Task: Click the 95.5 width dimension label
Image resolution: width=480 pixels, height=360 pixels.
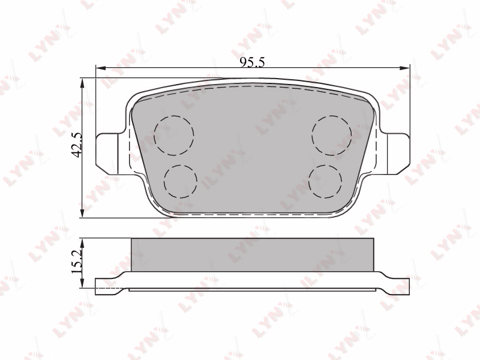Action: pyautogui.click(x=252, y=62)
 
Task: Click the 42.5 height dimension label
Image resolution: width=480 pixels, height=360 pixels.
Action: pyautogui.click(x=76, y=145)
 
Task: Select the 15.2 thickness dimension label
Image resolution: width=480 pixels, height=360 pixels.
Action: pyautogui.click(x=76, y=261)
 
